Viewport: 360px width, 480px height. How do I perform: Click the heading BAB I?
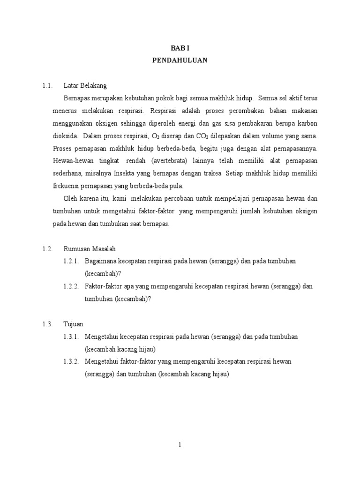click(180, 48)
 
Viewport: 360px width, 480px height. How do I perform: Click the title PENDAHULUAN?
click(180, 60)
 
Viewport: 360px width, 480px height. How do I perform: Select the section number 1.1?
click(46, 86)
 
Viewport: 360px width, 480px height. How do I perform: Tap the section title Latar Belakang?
click(85, 86)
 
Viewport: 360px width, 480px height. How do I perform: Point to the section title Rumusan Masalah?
click(90, 249)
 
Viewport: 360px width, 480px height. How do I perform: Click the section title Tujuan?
click(74, 324)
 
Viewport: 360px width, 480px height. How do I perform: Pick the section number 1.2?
click(46, 249)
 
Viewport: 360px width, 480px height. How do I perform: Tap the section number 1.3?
click(46, 324)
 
